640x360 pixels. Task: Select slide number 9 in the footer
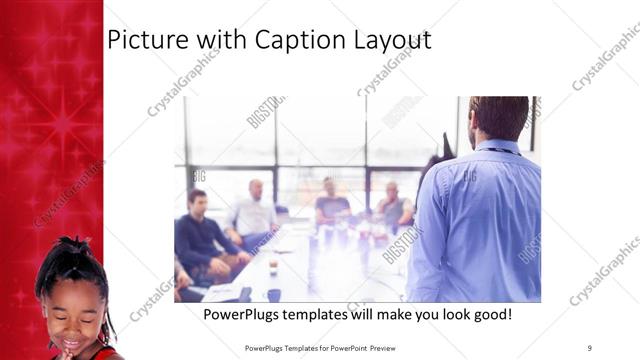(589, 347)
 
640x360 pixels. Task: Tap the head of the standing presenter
(497, 117)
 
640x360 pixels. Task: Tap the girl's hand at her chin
(67, 351)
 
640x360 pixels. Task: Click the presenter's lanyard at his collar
(495, 150)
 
